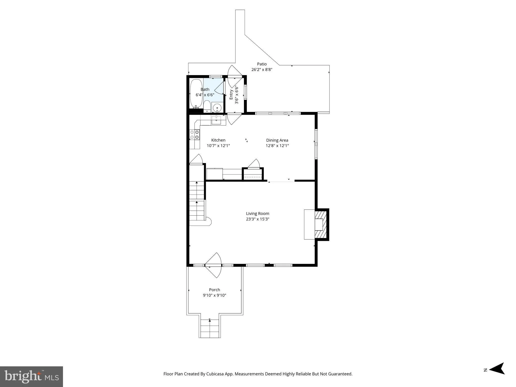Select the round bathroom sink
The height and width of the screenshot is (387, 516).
pyautogui.click(x=217, y=108)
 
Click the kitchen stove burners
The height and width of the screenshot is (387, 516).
pyautogui.click(x=195, y=135)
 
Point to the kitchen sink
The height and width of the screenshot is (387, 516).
pyautogui.click(x=216, y=120)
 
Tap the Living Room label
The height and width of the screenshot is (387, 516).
pyautogui.click(x=257, y=213)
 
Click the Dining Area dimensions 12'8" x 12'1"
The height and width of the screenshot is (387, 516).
pyautogui.click(x=277, y=146)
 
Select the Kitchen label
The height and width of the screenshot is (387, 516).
pyautogui.click(x=218, y=140)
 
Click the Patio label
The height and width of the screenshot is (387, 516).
pyautogui.click(x=262, y=64)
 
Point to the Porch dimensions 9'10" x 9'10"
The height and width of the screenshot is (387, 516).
pyautogui.click(x=214, y=295)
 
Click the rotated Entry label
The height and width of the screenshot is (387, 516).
pyautogui.click(x=231, y=94)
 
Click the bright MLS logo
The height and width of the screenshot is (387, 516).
pyautogui.click(x=31, y=376)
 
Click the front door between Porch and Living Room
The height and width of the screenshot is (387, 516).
pyautogui.click(x=213, y=265)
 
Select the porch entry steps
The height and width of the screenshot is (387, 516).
pyautogui.click(x=210, y=329)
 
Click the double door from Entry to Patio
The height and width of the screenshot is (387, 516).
pyautogui.click(x=235, y=76)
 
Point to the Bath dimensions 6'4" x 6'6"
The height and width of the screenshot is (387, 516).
pyautogui.click(x=205, y=95)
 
